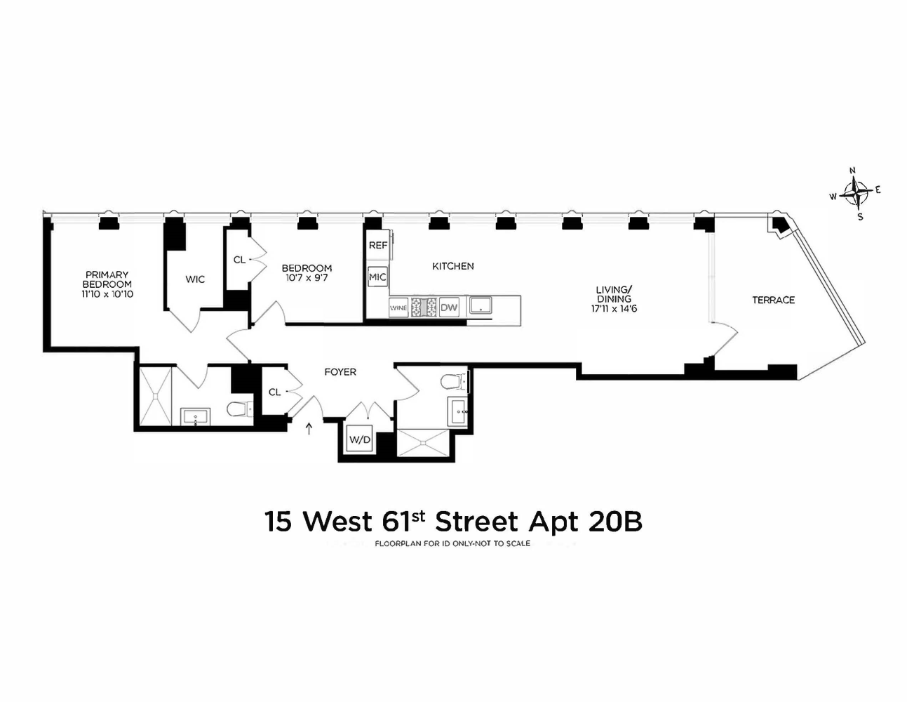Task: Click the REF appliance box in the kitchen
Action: (378, 246)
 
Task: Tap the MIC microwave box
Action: (377, 277)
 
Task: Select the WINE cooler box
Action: (398, 307)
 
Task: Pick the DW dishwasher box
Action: (449, 307)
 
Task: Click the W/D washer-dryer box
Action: (359, 440)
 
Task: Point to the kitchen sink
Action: (481, 305)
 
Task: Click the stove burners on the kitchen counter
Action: (424, 307)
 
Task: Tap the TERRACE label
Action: (773, 300)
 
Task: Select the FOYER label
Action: (340, 372)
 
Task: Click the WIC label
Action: (195, 279)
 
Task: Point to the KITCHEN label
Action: (452, 266)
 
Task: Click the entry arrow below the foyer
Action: (309, 428)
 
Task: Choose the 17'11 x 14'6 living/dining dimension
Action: (614, 308)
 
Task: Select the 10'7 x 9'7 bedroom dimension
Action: (307, 278)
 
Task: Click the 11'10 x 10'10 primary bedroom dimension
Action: (107, 294)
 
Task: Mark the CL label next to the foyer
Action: (274, 392)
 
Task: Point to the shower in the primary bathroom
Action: (154, 397)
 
